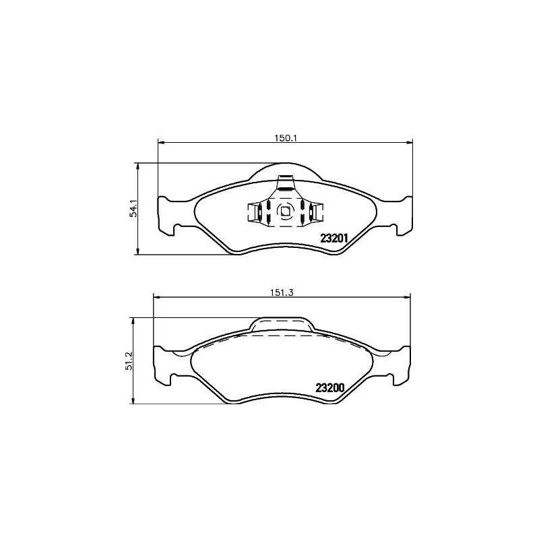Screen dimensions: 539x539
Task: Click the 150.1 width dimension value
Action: [286, 137]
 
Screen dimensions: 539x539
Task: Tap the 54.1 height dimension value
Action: [134, 208]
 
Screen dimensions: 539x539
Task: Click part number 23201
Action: [333, 238]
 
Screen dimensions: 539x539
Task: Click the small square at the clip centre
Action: [285, 211]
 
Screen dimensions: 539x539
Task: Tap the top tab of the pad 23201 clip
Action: [287, 183]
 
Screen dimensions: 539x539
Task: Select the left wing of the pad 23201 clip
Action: [254, 212]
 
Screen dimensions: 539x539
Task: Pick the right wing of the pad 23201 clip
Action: [315, 212]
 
